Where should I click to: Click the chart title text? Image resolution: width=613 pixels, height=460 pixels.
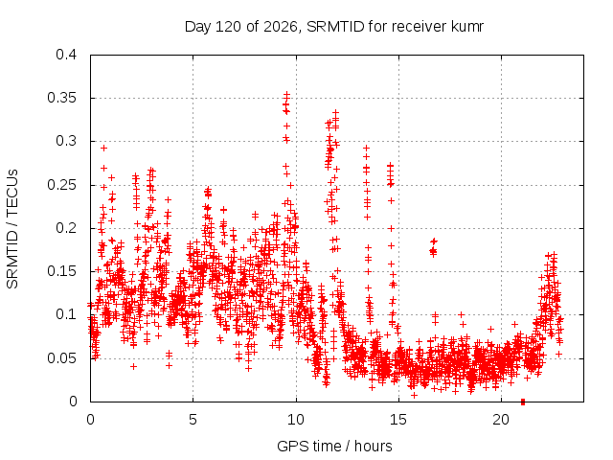click(x=334, y=27)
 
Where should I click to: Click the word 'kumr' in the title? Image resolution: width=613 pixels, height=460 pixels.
click(x=467, y=27)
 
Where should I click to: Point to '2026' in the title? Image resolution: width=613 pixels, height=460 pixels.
click(x=281, y=27)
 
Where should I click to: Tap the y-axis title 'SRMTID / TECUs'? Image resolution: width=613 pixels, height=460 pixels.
click(x=12, y=229)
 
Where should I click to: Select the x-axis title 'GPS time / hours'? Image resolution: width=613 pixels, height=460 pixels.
click(x=334, y=446)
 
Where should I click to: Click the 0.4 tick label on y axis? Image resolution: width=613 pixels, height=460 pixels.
click(x=66, y=55)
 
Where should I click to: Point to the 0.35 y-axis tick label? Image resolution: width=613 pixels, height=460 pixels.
click(x=61, y=98)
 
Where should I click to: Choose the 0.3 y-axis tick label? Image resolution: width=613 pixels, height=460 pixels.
click(x=66, y=141)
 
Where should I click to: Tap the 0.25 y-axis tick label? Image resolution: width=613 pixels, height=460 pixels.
click(x=61, y=185)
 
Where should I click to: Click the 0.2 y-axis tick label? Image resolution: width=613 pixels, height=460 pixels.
click(x=66, y=228)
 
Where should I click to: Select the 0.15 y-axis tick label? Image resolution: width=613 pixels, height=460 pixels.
click(x=61, y=271)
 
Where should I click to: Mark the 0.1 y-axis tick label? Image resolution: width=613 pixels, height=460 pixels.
click(x=66, y=314)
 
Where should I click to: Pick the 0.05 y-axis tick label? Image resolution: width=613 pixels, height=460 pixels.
click(x=61, y=358)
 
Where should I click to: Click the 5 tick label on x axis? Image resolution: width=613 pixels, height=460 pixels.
click(x=193, y=420)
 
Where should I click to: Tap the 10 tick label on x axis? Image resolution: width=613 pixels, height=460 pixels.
click(x=296, y=420)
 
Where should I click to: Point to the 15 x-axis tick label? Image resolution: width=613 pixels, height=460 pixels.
click(x=398, y=420)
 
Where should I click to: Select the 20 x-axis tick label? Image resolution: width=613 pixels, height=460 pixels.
click(x=501, y=420)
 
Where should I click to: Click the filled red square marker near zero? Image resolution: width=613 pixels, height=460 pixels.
click(x=523, y=402)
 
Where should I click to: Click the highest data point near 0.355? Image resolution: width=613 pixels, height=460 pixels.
click(x=287, y=94)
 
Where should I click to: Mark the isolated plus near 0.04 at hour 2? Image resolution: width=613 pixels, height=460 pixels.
click(x=134, y=366)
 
